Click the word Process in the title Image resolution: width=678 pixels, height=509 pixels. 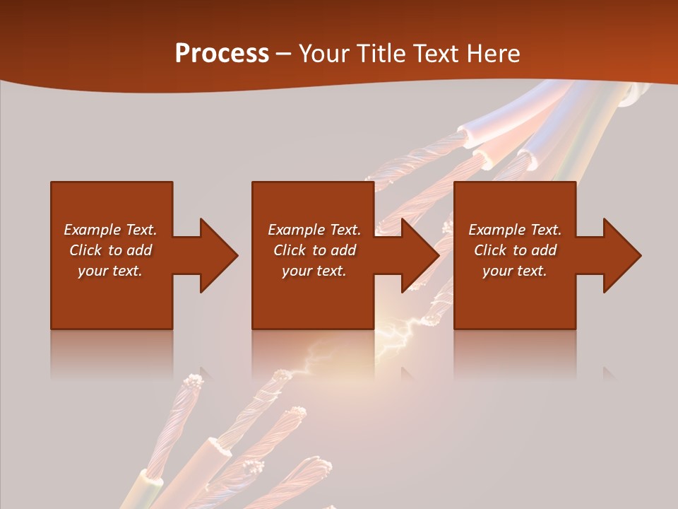pos(222,54)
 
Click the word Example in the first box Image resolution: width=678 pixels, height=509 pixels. pos(93,230)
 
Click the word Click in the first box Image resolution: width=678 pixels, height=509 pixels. pos(86,250)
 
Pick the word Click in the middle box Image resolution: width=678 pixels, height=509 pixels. pos(290,250)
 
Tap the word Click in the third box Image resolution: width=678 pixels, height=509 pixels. pos(491,250)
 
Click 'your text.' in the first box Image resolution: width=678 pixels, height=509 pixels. pos(110,271)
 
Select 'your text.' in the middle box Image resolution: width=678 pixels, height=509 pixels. pos(314,271)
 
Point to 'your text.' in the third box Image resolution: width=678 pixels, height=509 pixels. pos(515,271)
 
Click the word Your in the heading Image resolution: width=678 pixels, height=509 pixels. pos(323,54)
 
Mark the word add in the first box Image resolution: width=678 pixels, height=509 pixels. pos(139,250)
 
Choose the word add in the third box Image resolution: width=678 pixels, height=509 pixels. pos(544,250)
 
